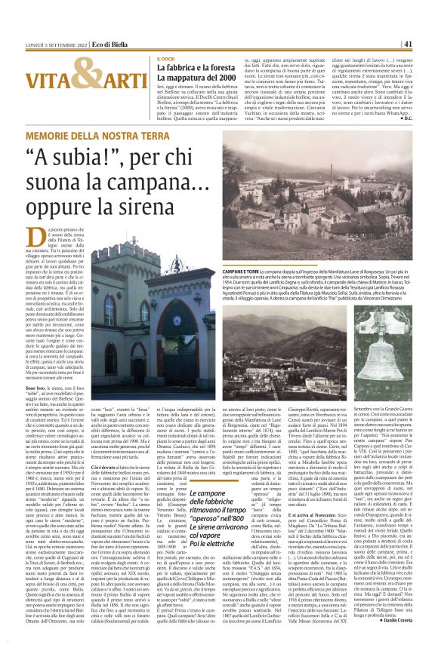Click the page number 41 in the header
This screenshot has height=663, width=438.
tap(427, 44)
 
